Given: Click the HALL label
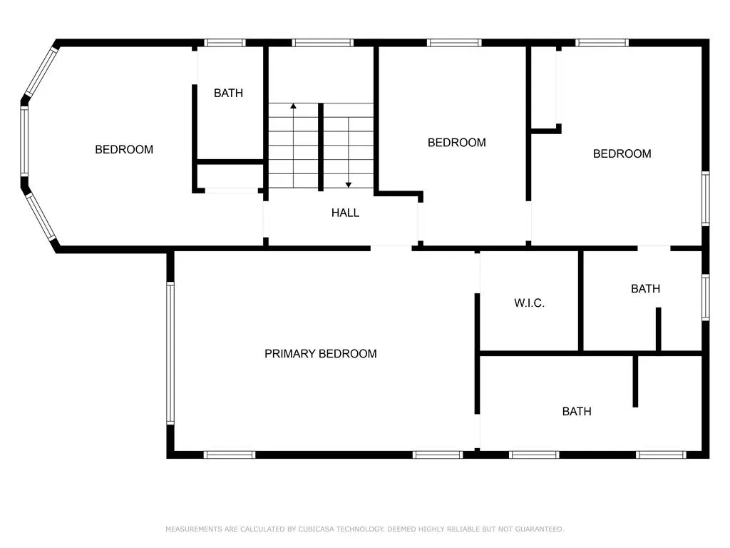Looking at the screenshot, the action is point(345,213).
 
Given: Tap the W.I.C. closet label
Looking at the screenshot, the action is point(530,303).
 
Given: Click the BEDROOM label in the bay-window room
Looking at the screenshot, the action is point(124,150).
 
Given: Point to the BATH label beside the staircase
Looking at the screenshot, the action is point(228,93).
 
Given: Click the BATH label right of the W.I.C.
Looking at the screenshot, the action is point(645,289).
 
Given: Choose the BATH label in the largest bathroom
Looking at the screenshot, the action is point(577,412).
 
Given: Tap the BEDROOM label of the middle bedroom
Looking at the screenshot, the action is point(457,143).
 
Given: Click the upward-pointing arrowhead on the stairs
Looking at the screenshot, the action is point(293,106).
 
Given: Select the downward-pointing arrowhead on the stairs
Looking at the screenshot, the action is point(348,185).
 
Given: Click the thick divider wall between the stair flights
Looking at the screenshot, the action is point(320,147).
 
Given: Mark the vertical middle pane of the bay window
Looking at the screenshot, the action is point(24,141).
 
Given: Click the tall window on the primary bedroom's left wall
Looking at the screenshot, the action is point(170,352).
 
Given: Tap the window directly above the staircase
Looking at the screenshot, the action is point(323,43).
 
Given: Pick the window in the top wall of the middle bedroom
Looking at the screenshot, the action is point(454,43).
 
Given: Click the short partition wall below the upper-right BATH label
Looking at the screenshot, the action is point(658,329).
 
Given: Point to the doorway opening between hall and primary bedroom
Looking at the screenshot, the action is point(391,248).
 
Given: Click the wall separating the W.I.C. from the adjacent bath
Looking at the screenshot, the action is point(580,300).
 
